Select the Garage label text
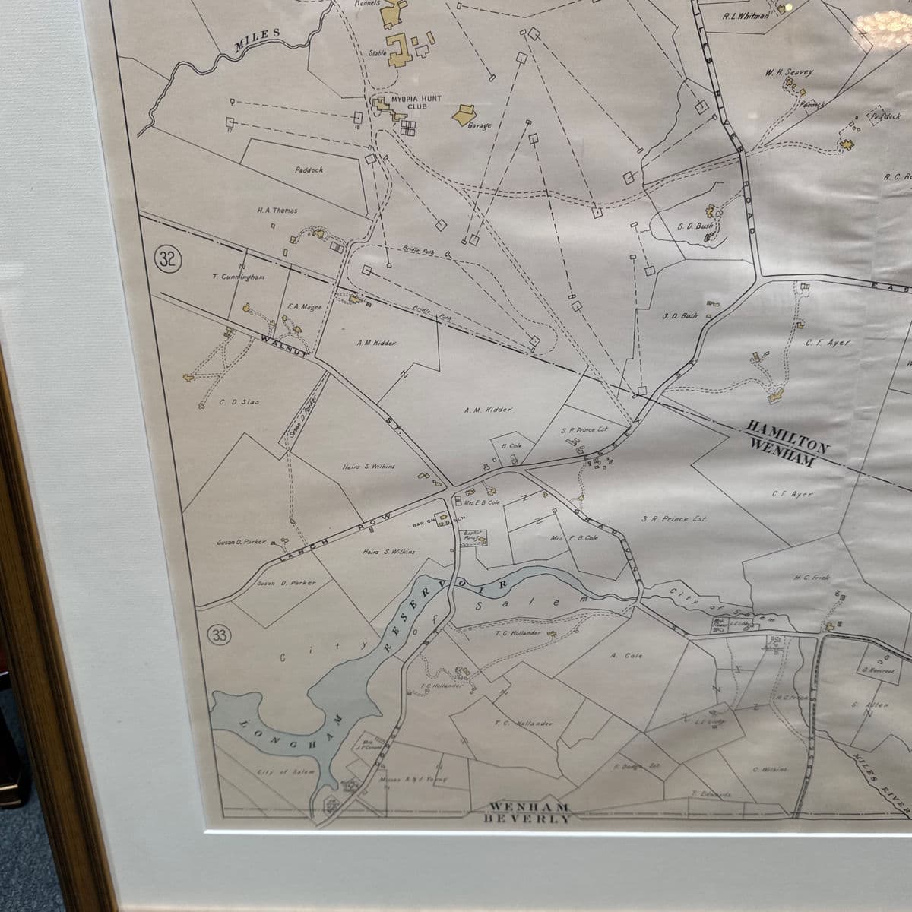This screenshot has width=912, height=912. [480, 126]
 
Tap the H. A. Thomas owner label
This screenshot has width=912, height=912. [277, 211]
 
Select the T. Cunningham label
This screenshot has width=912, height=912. [239, 277]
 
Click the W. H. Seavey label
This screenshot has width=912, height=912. [789, 72]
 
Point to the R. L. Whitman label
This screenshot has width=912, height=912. [746, 16]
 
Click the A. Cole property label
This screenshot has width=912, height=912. [626, 655]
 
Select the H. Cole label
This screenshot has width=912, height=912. [511, 445]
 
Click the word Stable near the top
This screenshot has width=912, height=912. [378, 53]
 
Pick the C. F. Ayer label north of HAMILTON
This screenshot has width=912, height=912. [828, 343]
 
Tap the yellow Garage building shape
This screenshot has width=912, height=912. [463, 115]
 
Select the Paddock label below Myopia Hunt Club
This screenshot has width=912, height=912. [309, 170]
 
